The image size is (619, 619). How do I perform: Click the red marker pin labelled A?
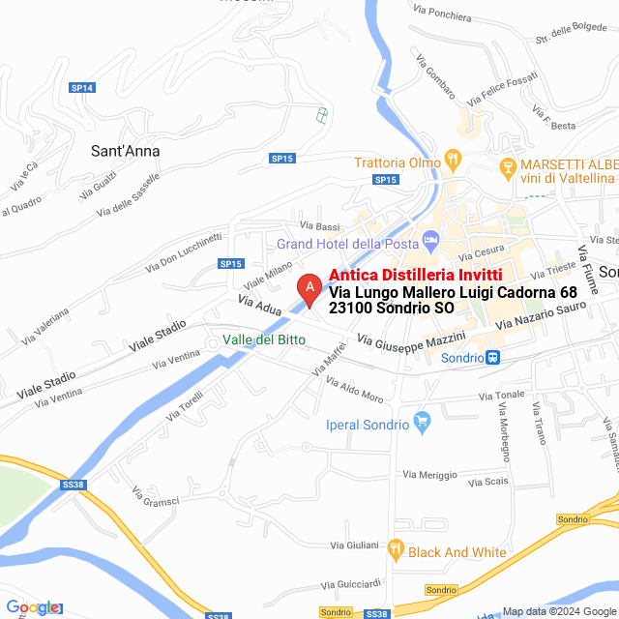(x=309, y=289)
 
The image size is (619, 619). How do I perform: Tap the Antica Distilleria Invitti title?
(x=409, y=275)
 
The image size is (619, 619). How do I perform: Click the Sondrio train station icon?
(x=493, y=358)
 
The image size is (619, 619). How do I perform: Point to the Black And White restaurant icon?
(x=395, y=550)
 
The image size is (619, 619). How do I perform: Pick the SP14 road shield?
(x=82, y=88)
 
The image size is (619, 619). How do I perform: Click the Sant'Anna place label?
(x=125, y=151)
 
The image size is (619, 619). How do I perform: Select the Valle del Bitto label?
(x=264, y=339)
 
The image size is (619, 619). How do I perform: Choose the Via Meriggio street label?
(x=430, y=474)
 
